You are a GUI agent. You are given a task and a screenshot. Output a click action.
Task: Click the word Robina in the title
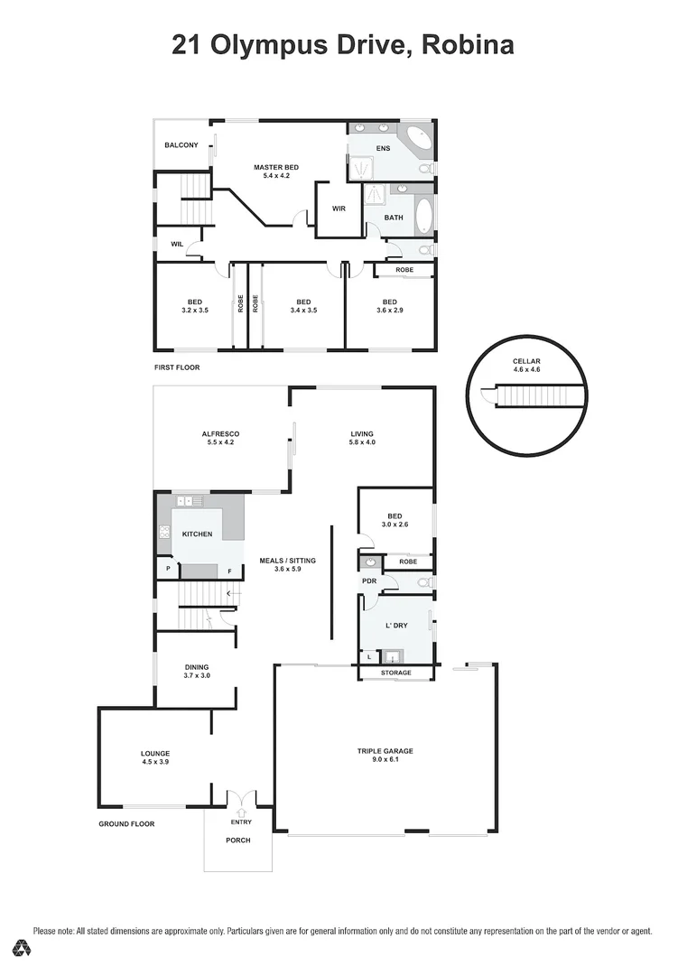pos(468,45)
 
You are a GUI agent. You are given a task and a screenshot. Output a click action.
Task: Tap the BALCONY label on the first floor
pos(181,144)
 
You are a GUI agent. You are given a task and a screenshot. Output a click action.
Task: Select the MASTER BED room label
pos(276,167)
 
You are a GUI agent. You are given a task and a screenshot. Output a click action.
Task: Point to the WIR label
pos(339,209)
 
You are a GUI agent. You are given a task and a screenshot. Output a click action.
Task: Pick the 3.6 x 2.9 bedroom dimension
pos(390,310)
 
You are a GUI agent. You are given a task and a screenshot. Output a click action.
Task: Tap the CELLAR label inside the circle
pos(526,361)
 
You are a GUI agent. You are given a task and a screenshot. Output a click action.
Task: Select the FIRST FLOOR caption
pos(177,367)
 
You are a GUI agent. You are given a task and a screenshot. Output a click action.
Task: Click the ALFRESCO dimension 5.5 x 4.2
pos(220,442)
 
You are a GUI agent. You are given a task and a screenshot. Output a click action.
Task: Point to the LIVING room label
pos(362,434)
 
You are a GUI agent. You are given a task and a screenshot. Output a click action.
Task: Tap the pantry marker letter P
pos(168,569)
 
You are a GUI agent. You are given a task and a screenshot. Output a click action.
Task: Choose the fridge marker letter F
pos(229,571)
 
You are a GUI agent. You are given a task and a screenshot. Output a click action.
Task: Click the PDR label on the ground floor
pos(370,581)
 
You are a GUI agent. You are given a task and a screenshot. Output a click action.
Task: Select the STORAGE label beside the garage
pos(396,673)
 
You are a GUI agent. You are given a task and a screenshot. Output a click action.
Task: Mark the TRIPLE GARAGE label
pos(385,750)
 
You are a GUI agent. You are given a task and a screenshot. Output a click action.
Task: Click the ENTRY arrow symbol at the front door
pos(241,812)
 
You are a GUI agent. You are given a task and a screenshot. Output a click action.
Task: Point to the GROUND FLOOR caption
pos(126,824)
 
